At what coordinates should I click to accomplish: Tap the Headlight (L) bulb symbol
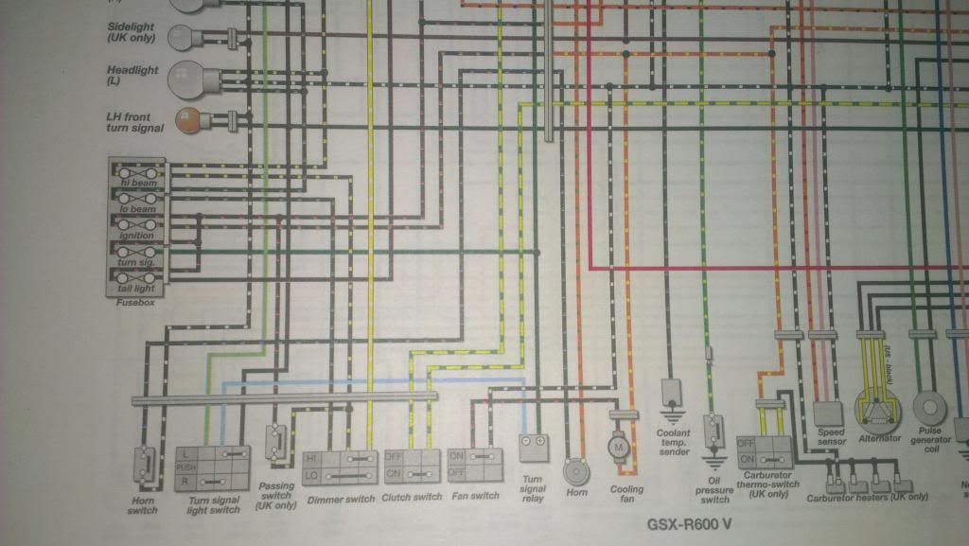(183, 78)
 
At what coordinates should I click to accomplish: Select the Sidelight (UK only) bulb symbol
(181, 37)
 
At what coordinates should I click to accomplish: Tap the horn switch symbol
(144, 463)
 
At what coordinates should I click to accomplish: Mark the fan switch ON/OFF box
(471, 462)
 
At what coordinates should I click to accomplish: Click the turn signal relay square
(533, 442)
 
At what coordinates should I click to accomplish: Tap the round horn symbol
(573, 469)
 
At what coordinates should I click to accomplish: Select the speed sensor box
(828, 413)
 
